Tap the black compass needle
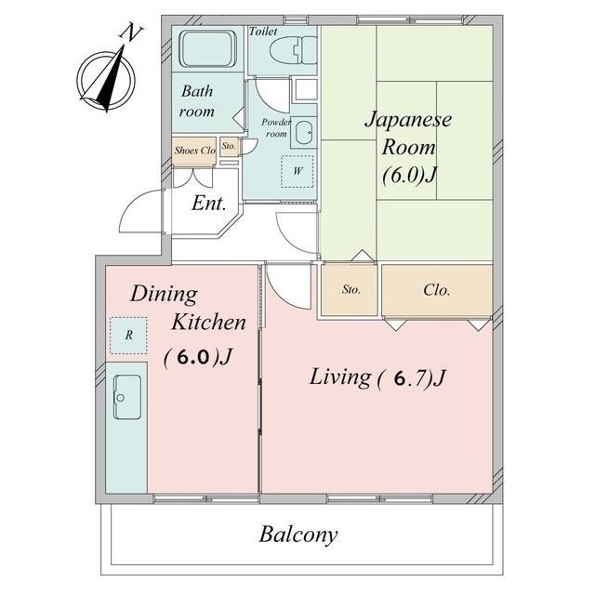tap(112, 79)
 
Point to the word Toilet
tap(263, 31)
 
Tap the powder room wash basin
tap(304, 132)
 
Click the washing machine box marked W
tap(297, 171)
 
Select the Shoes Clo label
tap(194, 151)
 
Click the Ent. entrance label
tap(209, 203)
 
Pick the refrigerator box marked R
tap(128, 336)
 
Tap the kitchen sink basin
tap(127, 397)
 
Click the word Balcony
tap(297, 535)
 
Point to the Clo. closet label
tap(437, 290)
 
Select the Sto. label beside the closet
tap(351, 289)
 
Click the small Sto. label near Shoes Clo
tap(229, 146)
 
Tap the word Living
tap(340, 377)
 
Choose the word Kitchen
tap(208, 323)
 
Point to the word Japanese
tap(408, 120)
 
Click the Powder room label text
tap(276, 128)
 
